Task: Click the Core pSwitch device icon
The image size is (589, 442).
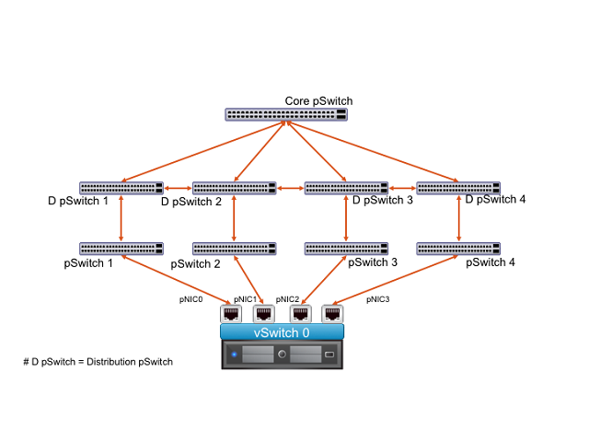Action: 286,114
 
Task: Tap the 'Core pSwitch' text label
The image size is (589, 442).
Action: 318,101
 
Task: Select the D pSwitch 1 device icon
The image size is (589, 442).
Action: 121,188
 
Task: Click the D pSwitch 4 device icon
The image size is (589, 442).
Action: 458,188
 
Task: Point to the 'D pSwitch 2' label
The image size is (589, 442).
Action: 191,202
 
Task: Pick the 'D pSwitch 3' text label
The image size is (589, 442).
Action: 383,201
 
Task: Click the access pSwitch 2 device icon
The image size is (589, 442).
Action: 235,249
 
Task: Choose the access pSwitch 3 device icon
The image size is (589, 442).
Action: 346,249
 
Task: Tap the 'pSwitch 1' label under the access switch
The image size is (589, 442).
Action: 88,263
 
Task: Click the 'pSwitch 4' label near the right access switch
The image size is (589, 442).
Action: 491,262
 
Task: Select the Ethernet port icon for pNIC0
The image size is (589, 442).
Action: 231,314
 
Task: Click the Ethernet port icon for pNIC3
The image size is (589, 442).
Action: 332,314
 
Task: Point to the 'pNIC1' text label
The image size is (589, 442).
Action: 245,299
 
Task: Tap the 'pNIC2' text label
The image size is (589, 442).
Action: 287,299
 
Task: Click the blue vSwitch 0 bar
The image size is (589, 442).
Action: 282,332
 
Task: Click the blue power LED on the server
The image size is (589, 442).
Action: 234,355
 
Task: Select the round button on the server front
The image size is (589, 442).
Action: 282,354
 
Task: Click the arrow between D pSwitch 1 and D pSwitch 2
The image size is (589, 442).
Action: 178,188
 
